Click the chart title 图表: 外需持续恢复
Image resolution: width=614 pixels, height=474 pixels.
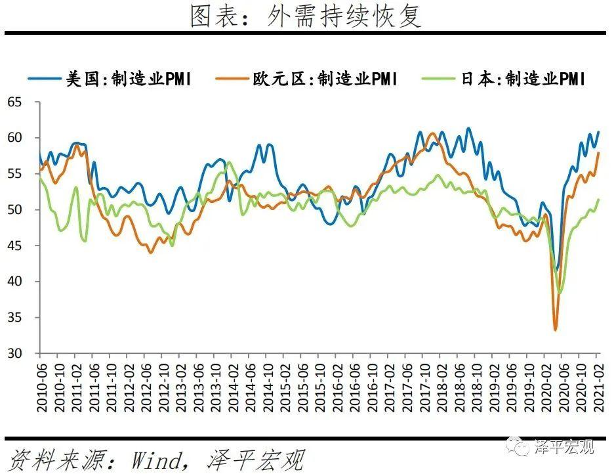(306, 16)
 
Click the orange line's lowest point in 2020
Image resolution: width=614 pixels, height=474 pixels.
(556, 330)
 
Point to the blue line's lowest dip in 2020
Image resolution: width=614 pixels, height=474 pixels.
(557, 270)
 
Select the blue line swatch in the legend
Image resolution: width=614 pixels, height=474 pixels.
(45, 79)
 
